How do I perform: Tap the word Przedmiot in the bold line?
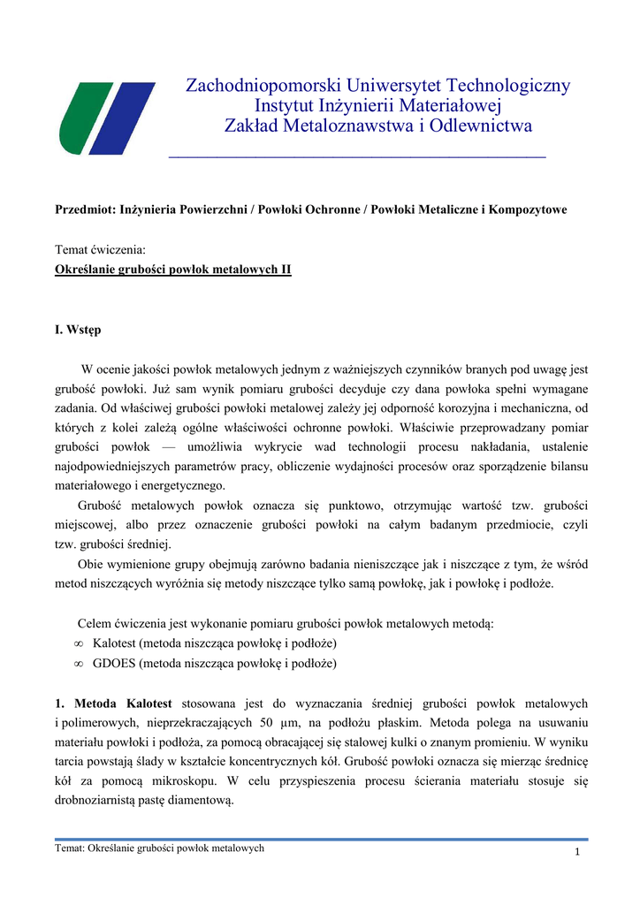click(x=85, y=209)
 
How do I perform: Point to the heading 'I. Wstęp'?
click(x=78, y=330)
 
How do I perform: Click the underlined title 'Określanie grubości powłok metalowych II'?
click(x=173, y=268)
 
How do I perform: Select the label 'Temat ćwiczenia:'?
click(x=100, y=250)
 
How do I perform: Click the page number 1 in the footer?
click(x=576, y=851)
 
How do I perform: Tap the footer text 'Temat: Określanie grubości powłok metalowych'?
click(x=159, y=848)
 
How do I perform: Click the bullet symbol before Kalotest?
click(x=79, y=643)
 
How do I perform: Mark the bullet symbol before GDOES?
click(x=79, y=664)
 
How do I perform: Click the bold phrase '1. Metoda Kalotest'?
click(x=113, y=703)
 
